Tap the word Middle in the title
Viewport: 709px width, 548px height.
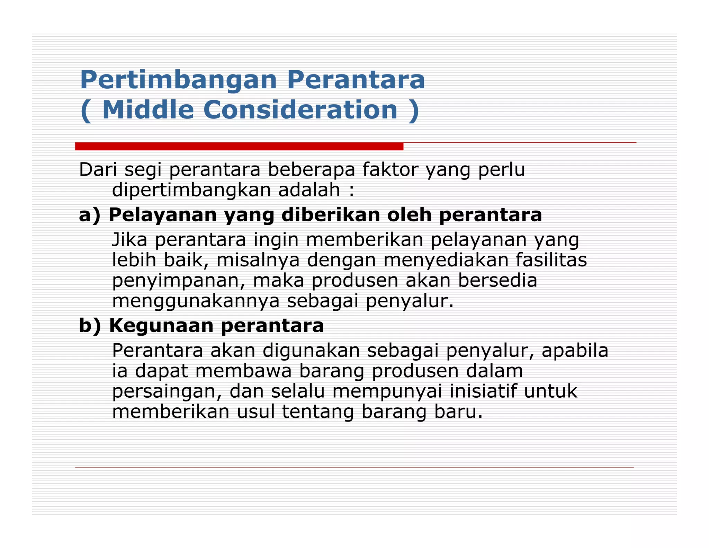tap(148, 110)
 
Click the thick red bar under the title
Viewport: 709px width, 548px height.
tap(239, 147)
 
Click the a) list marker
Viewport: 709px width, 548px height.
tap(90, 215)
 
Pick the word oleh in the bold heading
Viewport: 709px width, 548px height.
tap(409, 215)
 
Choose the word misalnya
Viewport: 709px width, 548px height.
tap(258, 260)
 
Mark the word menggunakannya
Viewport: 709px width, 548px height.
tap(196, 301)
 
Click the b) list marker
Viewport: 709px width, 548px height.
tap(90, 326)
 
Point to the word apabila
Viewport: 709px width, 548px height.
tap(575, 351)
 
